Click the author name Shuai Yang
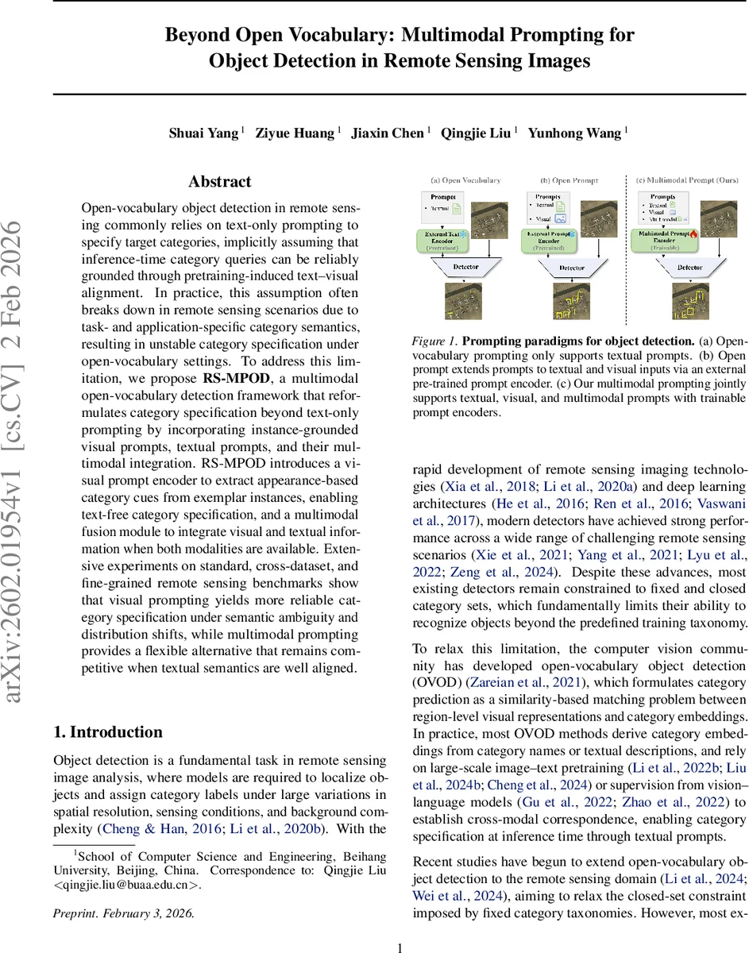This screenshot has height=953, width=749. point(203,133)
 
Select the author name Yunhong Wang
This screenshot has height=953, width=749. point(576,133)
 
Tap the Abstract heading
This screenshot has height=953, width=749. point(220,182)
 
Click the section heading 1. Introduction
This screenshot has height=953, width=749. point(107,732)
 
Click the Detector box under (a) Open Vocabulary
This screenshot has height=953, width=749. point(466,267)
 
